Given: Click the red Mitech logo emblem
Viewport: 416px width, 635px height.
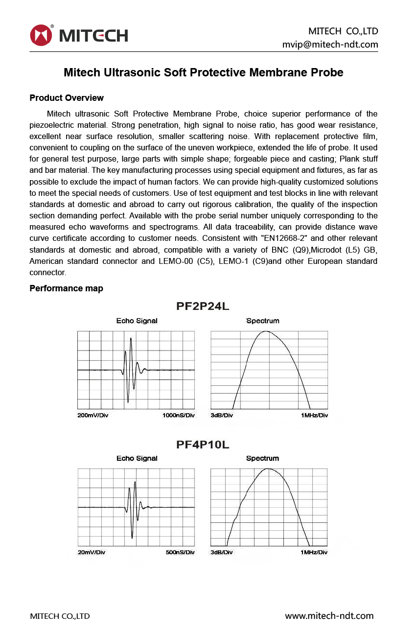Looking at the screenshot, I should point(41,35).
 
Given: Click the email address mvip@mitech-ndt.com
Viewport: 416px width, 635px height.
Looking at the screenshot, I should point(330,45).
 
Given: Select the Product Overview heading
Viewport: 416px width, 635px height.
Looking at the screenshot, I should point(67,98).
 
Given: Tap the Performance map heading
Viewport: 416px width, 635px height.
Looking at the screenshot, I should point(66,288).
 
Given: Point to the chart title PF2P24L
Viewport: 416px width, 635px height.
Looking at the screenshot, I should point(203,307).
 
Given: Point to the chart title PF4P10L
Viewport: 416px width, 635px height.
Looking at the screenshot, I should point(203,445).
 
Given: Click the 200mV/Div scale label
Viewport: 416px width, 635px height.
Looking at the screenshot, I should point(93,416).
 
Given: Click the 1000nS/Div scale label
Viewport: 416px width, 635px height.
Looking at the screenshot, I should point(179,416).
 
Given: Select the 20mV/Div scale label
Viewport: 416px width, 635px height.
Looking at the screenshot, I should point(92,552).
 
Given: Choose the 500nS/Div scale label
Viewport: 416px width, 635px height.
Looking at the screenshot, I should point(180,552).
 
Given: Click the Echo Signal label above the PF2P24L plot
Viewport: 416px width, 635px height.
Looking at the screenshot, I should point(137,321).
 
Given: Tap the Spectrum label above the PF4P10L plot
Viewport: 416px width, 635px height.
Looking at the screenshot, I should point(262,459).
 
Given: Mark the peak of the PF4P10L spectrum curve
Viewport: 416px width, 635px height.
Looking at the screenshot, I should point(269,469).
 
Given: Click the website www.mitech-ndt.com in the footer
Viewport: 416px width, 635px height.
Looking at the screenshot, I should point(329,616).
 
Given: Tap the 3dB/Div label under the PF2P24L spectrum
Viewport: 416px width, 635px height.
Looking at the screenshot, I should point(222,416).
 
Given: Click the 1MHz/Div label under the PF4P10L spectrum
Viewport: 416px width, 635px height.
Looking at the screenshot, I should point(314,552).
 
